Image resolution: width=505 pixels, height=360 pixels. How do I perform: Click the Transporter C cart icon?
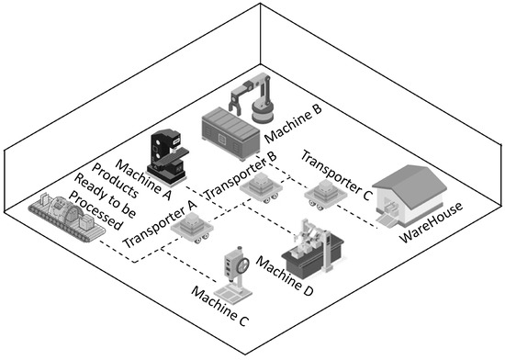pos(325,193)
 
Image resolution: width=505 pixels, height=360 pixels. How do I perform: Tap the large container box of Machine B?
pos(232,128)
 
